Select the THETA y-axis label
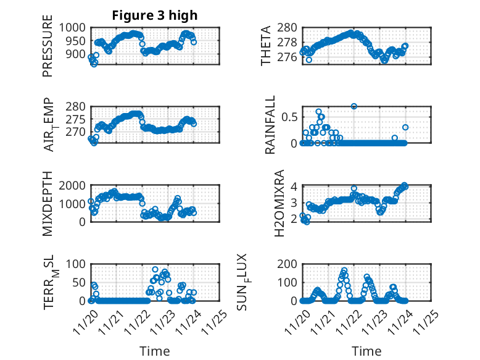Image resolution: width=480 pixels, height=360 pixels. (x=266, y=45)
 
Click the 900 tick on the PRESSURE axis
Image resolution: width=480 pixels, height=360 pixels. (x=78, y=54)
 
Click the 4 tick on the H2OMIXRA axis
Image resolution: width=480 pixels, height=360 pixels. (x=294, y=186)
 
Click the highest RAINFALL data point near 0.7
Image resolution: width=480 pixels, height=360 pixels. (x=354, y=106)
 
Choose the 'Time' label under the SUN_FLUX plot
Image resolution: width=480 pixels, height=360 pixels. (x=366, y=351)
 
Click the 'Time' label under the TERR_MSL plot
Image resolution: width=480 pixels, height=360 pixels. (x=155, y=351)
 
